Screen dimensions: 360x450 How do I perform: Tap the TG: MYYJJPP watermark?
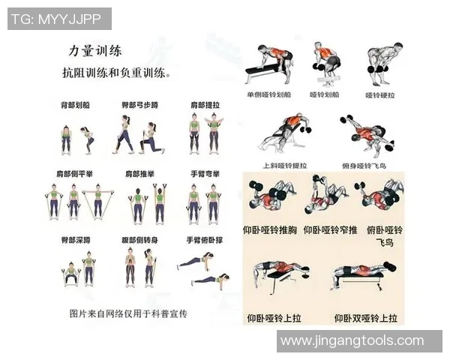59,19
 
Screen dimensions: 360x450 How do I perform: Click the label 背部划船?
76,106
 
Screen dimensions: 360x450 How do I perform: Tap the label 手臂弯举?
202,173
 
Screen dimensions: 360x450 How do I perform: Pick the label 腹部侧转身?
139,241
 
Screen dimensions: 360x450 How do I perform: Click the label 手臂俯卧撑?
202,241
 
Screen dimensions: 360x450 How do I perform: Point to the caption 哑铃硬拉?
379,96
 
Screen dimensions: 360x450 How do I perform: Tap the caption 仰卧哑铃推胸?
271,229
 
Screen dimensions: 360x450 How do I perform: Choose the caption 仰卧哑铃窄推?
331,229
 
